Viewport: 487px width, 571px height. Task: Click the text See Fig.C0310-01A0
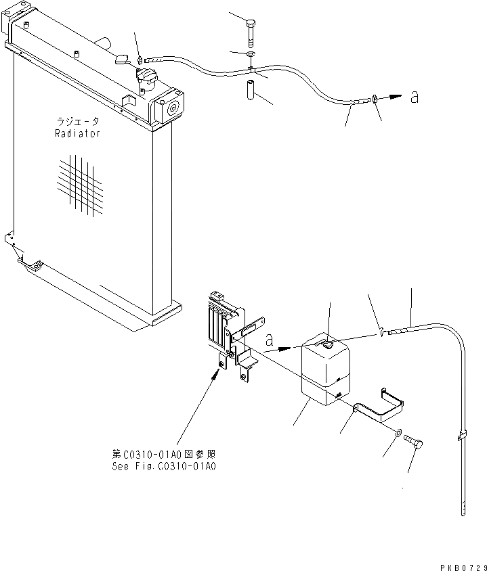point(163,466)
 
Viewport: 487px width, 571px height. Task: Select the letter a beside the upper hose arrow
point(414,97)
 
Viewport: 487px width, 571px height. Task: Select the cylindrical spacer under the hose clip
point(249,89)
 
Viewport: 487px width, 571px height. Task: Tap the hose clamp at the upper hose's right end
point(374,100)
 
